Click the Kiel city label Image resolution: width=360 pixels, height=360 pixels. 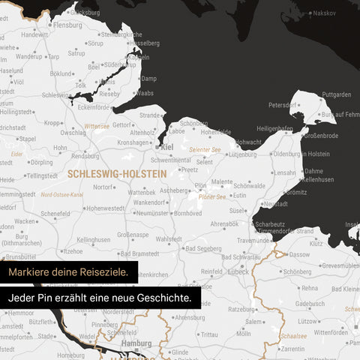(167, 147)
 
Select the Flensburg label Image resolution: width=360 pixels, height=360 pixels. (68, 25)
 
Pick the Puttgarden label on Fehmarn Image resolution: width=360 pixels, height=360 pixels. (336, 94)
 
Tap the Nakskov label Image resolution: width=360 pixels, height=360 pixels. (325, 13)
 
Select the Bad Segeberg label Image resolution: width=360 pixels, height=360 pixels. (203, 248)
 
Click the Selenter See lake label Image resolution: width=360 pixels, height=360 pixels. (205, 149)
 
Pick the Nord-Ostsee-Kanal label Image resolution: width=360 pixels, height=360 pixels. (61, 194)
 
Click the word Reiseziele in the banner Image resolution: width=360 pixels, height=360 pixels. (107, 271)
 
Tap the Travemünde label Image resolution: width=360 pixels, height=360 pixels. (254, 240)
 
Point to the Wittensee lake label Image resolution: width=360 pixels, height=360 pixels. (97, 126)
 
